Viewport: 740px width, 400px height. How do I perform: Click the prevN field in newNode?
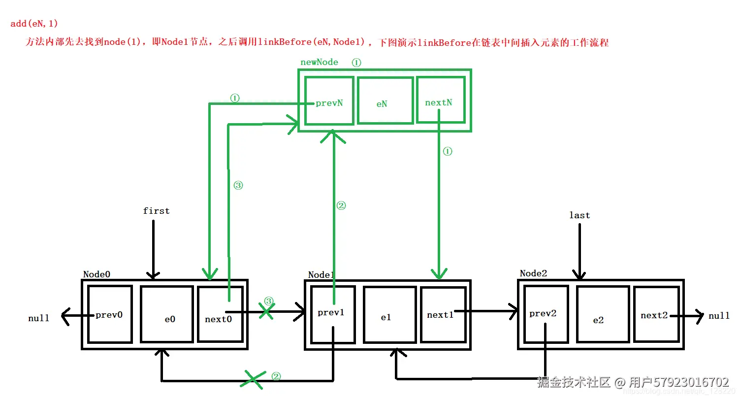pos(329,100)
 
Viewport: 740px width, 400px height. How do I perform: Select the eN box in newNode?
pos(385,100)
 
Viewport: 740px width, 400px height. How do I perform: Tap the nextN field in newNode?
pos(441,100)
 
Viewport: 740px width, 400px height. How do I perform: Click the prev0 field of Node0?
pos(110,314)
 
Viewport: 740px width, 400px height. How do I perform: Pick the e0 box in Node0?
pos(166,314)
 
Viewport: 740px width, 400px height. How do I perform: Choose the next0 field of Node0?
pos(220,314)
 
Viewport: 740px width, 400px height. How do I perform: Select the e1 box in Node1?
pos(389,314)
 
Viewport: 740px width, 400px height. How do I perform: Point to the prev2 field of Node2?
pos(546,314)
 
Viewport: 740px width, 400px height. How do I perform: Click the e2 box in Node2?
pos(603,314)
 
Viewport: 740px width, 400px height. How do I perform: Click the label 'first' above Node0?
pos(156,211)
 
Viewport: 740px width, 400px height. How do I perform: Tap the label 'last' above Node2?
pos(579,215)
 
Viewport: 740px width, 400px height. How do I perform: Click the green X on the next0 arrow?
pos(267,311)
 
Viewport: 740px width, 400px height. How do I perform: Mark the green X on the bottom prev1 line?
pos(253,379)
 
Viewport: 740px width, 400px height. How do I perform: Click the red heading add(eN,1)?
pos(34,24)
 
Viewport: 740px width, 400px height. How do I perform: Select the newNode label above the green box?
pos(320,62)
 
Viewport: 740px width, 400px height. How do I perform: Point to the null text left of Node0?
pos(39,318)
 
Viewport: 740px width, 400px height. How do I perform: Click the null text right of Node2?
pos(719,316)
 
